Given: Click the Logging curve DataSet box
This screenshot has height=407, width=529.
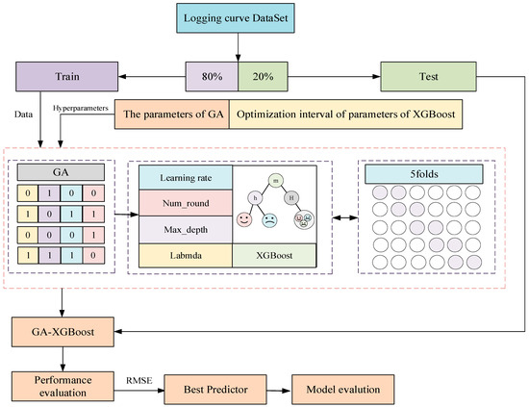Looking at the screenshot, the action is (x=236, y=18).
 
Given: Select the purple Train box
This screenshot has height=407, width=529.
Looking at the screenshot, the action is (x=66, y=77).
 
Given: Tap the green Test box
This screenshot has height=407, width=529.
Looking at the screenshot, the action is (x=428, y=77).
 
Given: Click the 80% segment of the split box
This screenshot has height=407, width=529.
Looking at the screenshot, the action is (x=212, y=77).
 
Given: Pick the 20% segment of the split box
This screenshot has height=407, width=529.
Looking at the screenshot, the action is (x=264, y=77).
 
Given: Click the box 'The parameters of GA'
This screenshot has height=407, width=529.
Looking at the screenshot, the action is (x=172, y=114).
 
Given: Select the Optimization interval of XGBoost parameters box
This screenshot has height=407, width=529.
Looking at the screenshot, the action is (x=346, y=114).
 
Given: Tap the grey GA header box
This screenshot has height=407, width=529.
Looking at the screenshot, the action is (x=61, y=172).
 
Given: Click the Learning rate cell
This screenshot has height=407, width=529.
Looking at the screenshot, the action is (x=186, y=177).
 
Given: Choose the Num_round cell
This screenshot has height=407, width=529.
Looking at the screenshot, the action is (x=186, y=203).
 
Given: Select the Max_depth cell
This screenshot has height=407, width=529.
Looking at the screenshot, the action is (x=186, y=230).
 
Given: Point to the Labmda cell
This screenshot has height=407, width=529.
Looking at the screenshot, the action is (x=186, y=256).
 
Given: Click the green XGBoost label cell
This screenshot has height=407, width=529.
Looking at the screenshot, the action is (x=274, y=256).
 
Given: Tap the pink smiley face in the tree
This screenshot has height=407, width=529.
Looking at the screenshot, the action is (x=244, y=219).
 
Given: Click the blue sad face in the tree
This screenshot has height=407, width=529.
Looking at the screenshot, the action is (x=269, y=220).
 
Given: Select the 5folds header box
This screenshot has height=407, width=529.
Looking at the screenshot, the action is (x=424, y=174).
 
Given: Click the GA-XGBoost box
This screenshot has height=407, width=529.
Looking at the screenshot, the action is (x=63, y=332).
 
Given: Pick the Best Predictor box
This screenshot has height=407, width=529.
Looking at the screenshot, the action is (x=215, y=390).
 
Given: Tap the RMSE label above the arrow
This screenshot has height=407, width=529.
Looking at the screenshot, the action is (x=139, y=381).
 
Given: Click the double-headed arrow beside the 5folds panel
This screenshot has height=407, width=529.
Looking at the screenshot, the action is (x=345, y=218).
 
